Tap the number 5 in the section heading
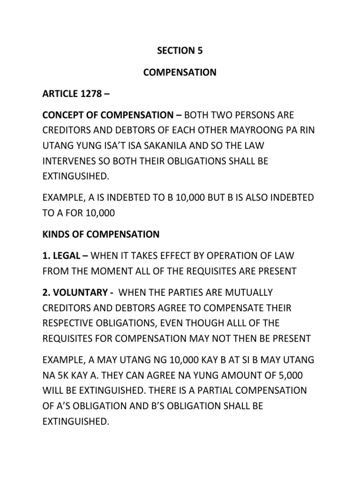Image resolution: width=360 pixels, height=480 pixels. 201,52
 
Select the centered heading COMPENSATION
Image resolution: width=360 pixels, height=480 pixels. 180,73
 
